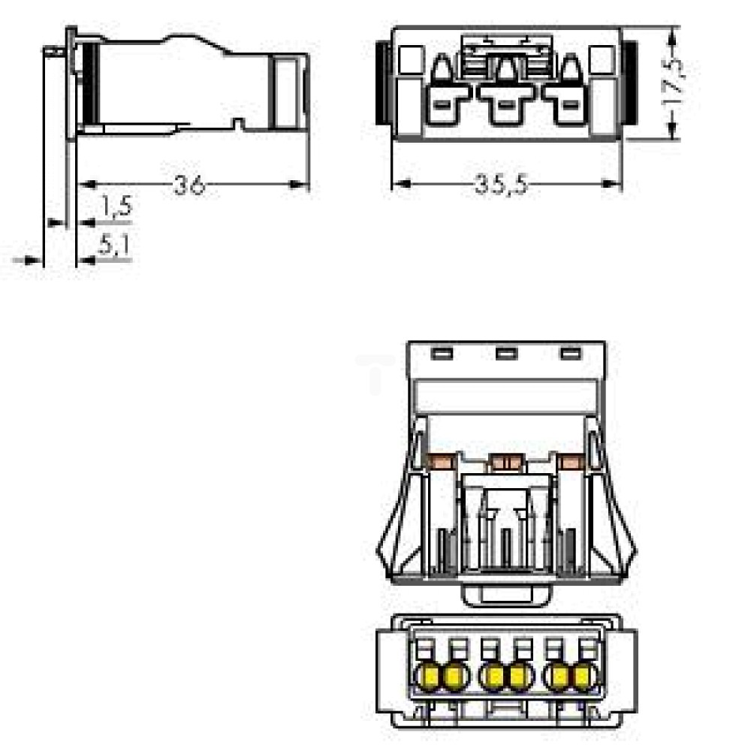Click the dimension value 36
189,185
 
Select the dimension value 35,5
501,185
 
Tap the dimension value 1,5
116,207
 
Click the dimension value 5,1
114,245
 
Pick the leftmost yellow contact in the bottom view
428,677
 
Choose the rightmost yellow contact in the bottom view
584,677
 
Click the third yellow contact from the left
492,677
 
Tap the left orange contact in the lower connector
442,462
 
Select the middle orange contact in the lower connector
505,462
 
